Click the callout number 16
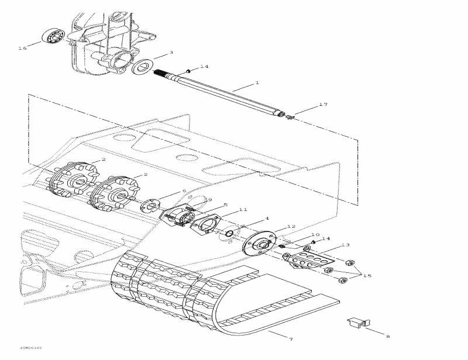pos(23,48)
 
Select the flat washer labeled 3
pos(142,66)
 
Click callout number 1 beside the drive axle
pos(256,83)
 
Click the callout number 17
pos(323,105)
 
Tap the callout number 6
pos(184,191)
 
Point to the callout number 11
pos(243,209)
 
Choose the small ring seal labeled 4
pos(230,234)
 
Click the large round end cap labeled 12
pos(260,244)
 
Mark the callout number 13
pos(345,245)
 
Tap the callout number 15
pos(367,275)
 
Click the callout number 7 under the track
pos(291,339)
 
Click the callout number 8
pos(387,336)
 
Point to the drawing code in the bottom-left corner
pos(30,347)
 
